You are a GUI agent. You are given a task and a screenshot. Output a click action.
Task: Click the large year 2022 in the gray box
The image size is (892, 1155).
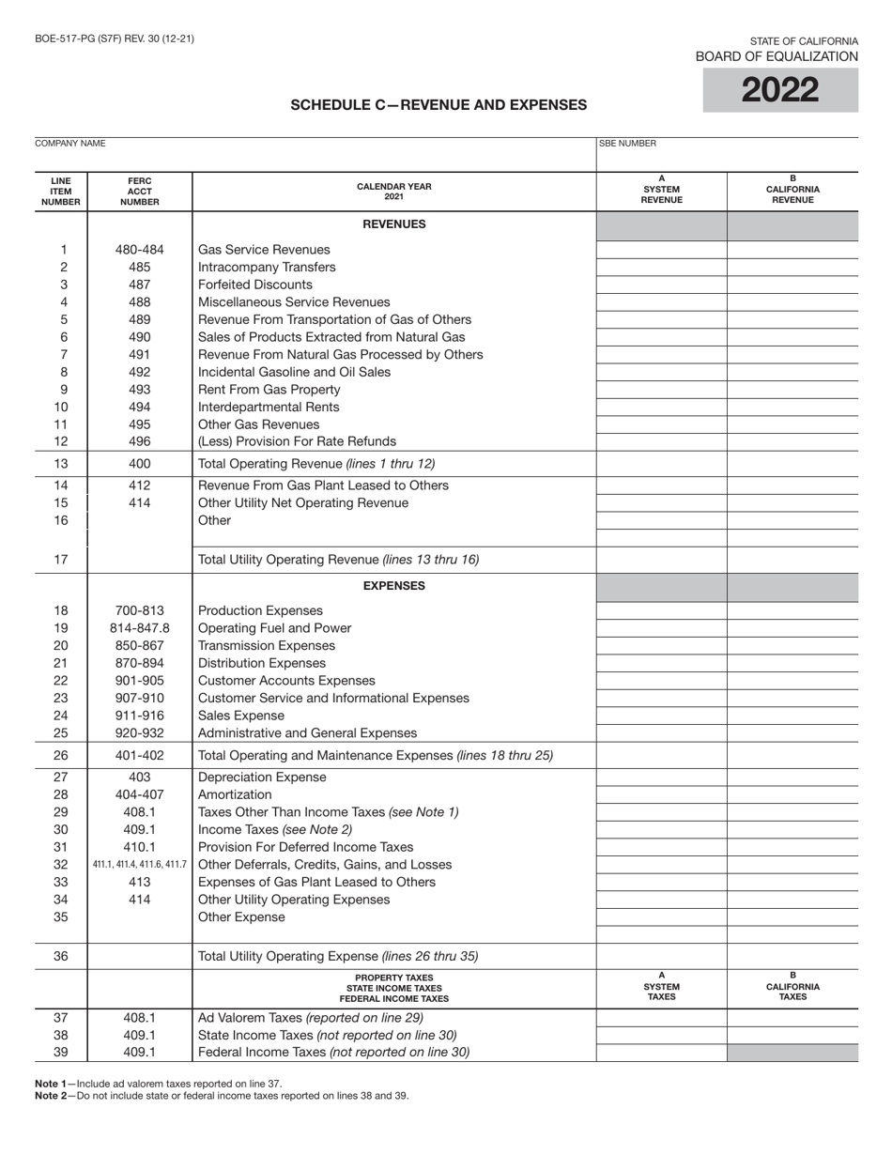click(x=780, y=91)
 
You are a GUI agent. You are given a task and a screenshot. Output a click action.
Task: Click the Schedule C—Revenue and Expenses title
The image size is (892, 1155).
click(x=438, y=105)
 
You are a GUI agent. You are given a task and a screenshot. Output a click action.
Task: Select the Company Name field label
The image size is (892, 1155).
click(x=69, y=144)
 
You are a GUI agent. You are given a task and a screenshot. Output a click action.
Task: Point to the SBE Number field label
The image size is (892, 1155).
click(x=628, y=144)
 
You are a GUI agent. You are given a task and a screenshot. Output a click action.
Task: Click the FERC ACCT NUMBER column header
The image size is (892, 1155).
click(x=139, y=191)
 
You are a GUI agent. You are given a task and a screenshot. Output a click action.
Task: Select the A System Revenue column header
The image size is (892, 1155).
click(x=661, y=191)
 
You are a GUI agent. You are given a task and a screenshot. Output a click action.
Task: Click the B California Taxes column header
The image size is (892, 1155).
click(x=792, y=987)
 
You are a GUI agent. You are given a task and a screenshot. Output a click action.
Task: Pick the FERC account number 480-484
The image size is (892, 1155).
click(x=139, y=250)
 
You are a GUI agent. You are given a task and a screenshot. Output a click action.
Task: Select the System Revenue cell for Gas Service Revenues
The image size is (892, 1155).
click(x=661, y=250)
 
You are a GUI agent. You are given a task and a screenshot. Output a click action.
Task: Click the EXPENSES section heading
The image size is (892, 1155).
click(x=393, y=586)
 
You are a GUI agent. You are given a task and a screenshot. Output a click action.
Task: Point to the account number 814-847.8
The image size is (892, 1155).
click(x=139, y=628)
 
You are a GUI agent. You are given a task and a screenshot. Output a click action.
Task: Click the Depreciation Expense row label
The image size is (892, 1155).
click(x=262, y=778)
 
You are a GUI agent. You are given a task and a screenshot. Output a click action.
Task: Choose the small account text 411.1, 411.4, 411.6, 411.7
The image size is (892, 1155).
click(x=139, y=865)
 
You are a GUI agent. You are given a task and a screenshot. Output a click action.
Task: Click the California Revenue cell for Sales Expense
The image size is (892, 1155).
click(x=792, y=716)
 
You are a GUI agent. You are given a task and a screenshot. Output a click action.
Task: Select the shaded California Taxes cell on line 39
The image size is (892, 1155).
click(x=792, y=1053)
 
